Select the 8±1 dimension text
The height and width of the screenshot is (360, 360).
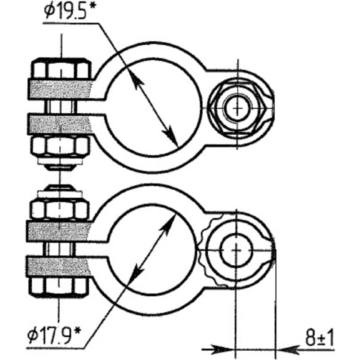click(x=319, y=338)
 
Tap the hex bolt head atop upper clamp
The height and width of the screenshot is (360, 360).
click(x=61, y=68)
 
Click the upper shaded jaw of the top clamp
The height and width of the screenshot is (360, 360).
click(x=60, y=89)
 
